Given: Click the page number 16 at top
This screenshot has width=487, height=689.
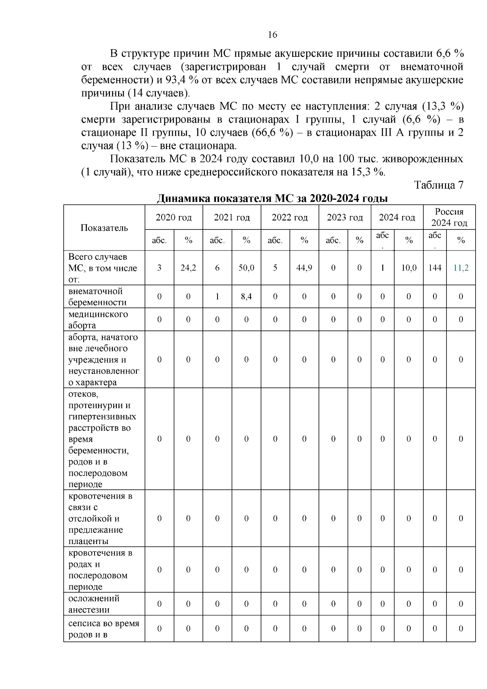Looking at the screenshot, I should [x=272, y=35].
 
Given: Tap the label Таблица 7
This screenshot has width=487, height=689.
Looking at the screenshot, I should [x=438, y=185].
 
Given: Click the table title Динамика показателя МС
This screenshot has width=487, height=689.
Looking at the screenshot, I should [x=272, y=199].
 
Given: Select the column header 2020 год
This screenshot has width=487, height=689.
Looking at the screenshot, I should [x=174, y=218].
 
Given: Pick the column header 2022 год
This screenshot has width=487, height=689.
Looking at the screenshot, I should [x=289, y=218].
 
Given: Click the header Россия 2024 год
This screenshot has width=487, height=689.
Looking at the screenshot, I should [x=449, y=217].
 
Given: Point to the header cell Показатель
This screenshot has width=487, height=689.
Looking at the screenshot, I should [x=104, y=228].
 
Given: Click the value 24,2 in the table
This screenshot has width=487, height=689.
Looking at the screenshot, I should [x=188, y=268].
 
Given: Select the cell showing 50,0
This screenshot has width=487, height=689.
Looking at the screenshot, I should [x=246, y=268].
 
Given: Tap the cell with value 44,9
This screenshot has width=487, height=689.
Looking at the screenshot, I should [x=304, y=268].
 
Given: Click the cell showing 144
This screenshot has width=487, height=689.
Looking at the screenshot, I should [x=435, y=268].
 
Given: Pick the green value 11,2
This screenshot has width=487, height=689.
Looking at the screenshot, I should [x=461, y=268].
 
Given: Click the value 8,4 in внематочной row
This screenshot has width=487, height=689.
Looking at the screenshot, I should [x=246, y=296].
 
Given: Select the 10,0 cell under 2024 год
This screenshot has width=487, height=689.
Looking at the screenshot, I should [x=409, y=268].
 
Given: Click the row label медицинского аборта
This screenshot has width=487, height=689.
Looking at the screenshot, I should [x=98, y=320].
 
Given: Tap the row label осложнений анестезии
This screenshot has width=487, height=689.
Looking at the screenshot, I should [x=94, y=604].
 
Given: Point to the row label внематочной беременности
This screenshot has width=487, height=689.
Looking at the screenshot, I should [x=97, y=297].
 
